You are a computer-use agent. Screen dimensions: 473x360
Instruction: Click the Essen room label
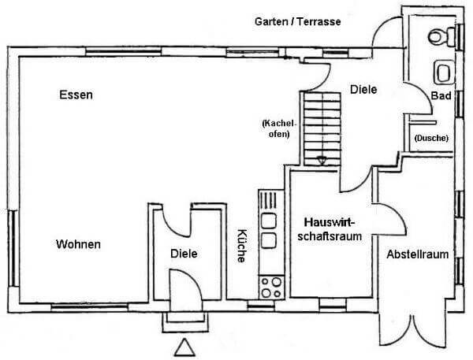76,95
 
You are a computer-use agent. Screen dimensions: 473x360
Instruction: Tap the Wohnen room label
78,244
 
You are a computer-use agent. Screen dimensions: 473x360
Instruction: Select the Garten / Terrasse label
298,21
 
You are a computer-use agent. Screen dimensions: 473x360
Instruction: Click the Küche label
241,246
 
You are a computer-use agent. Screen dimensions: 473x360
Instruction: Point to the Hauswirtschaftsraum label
330,229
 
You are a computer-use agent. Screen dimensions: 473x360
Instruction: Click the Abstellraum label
418,254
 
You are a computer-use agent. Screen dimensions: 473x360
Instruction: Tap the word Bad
441,95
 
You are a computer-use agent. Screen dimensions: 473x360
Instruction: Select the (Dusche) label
431,138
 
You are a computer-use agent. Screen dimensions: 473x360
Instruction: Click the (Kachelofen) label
279,128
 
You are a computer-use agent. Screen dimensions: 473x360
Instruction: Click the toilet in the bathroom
441,36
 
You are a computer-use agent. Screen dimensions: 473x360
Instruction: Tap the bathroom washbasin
444,72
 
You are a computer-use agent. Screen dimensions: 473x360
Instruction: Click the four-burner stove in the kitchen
271,288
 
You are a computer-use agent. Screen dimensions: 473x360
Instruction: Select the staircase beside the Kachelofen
322,128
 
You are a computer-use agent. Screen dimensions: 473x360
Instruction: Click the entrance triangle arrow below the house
184,347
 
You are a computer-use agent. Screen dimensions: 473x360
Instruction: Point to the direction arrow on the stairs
322,161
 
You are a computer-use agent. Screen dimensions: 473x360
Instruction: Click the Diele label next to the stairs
363,89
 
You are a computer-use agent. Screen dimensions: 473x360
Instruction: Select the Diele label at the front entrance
184,254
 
